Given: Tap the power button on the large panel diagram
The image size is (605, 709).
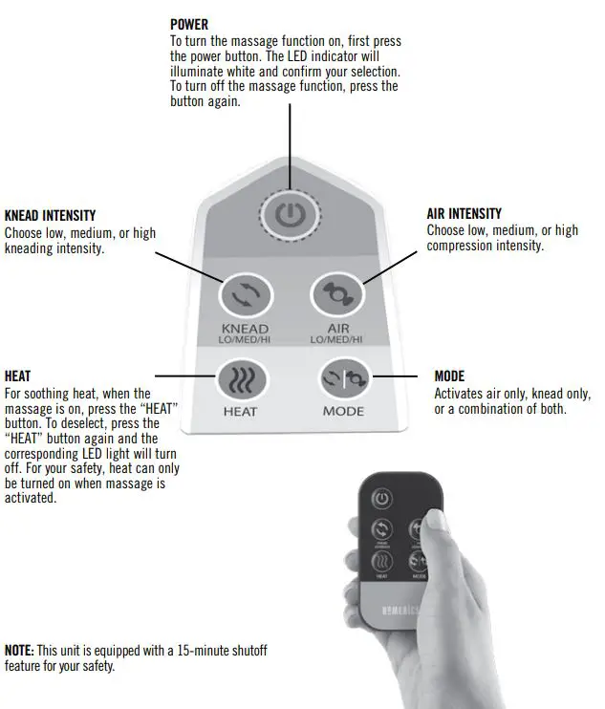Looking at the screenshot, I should click(290, 215).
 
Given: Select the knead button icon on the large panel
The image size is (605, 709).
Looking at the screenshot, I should click(244, 295).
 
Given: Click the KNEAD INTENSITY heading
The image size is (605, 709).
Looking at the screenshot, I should click(50, 216).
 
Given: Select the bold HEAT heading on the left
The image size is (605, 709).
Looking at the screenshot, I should click(18, 376).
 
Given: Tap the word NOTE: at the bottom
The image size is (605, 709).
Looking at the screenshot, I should click(20, 651).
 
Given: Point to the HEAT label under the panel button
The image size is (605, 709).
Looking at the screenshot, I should click(240, 412).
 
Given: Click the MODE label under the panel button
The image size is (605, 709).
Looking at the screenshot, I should click(342, 412).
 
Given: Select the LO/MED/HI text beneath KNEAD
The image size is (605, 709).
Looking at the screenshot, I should click(245, 340).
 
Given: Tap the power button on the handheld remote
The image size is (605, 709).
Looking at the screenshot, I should click(381, 498).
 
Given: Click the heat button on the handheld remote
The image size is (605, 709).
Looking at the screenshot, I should click(381, 562).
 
